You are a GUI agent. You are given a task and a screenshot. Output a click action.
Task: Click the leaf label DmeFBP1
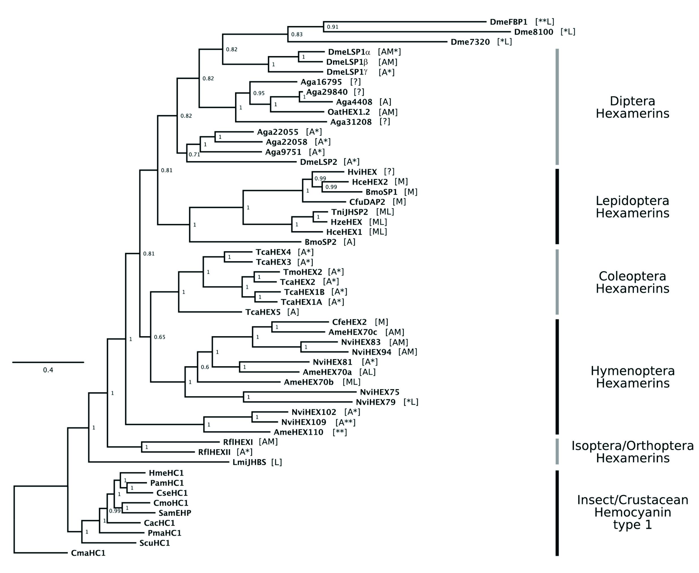[509, 22]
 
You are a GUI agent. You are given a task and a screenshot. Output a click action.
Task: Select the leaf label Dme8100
[534, 32]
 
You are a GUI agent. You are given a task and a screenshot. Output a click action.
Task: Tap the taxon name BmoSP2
[320, 242]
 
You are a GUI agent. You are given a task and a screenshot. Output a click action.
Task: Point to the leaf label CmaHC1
[88, 553]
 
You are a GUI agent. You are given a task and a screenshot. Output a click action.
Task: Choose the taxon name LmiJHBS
[249, 462]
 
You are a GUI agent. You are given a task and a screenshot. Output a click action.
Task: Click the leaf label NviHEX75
[380, 392]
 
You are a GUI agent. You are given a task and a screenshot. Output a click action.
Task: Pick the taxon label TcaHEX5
[263, 312]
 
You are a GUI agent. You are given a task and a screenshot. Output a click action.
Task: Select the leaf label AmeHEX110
[298, 432]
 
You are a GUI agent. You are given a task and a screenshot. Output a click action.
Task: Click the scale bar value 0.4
[48, 370]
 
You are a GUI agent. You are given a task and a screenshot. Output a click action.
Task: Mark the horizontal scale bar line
[48, 362]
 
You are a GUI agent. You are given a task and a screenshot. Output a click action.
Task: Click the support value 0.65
[160, 337]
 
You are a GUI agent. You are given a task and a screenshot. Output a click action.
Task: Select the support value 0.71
[194, 154]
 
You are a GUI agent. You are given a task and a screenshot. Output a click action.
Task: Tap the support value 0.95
[259, 93]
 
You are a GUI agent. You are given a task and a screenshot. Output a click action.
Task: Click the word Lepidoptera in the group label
[632, 201]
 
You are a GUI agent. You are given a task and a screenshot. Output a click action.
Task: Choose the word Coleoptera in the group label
[632, 276]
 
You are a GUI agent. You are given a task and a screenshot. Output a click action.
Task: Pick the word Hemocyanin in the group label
[633, 512]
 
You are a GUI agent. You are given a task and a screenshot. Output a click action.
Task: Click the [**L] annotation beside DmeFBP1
[545, 22]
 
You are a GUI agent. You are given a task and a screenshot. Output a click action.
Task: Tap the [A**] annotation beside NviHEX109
[346, 422]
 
